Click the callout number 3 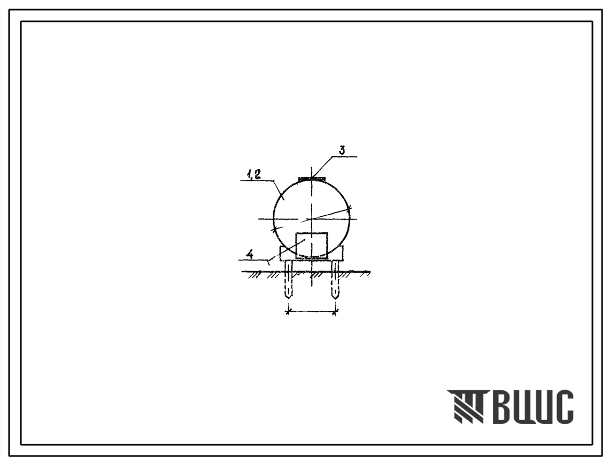tap(342, 151)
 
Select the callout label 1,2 tap(253, 175)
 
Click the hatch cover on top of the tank tap(312, 178)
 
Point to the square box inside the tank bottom tap(312, 246)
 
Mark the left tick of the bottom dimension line tap(288, 310)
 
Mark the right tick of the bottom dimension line tap(335, 310)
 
